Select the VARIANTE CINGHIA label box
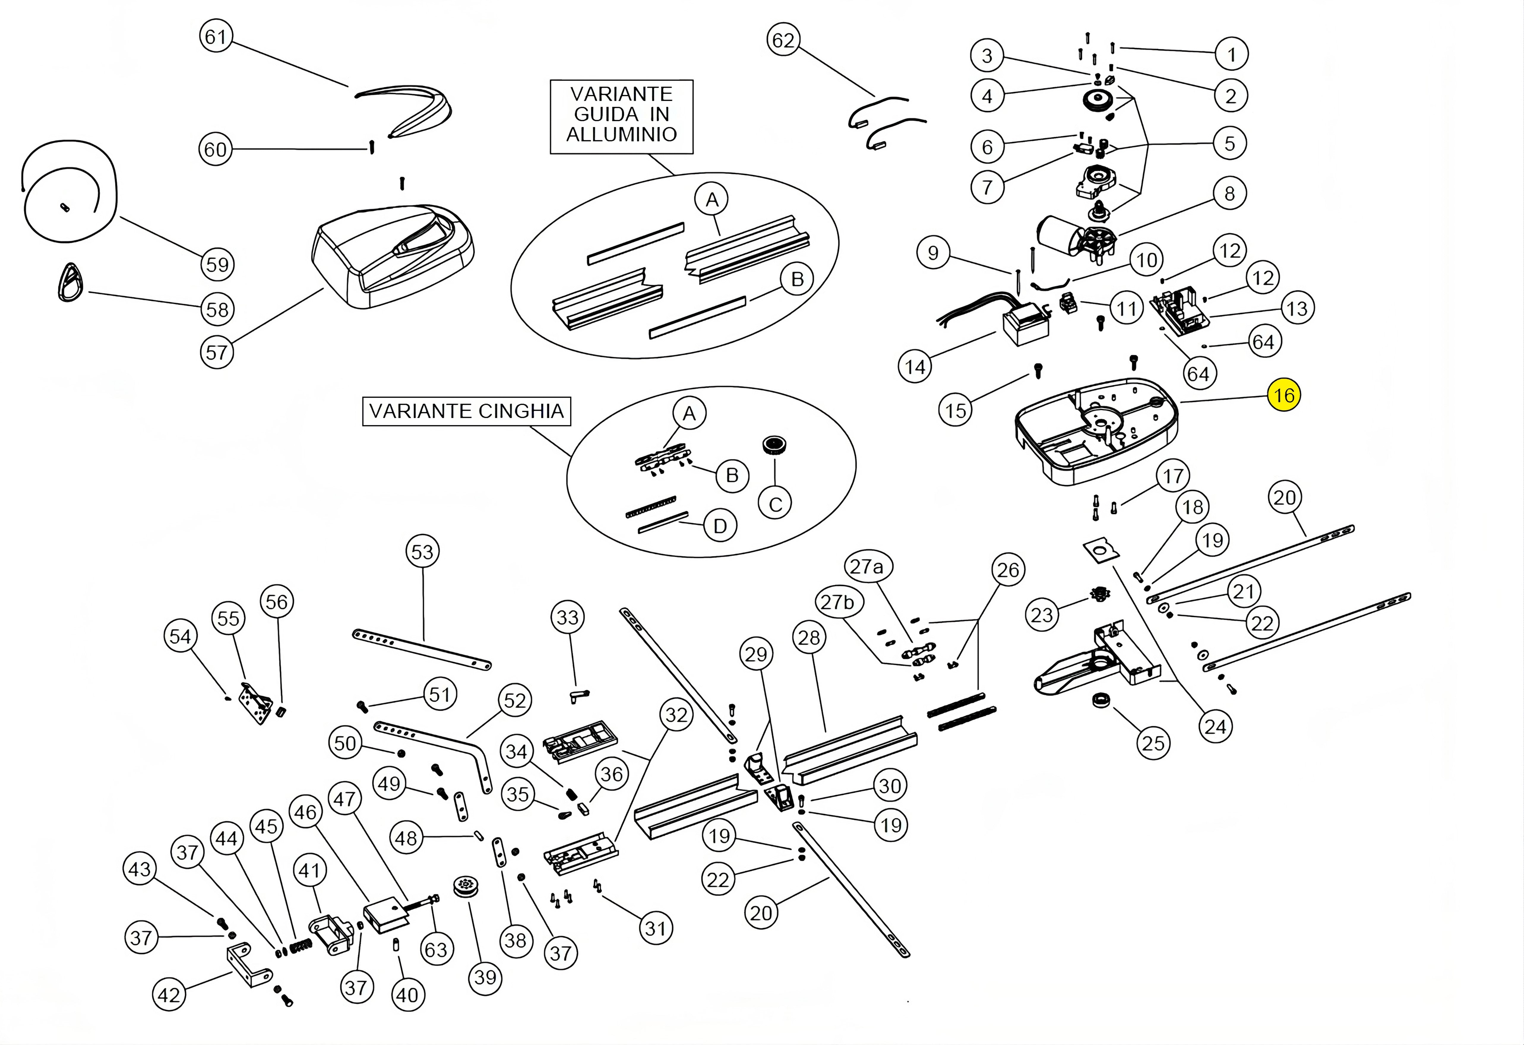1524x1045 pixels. pyautogui.click(x=466, y=411)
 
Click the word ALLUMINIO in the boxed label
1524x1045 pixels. pyautogui.click(x=621, y=134)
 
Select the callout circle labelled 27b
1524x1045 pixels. pyautogui.click(x=837, y=602)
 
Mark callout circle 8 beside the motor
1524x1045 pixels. pyautogui.click(x=1229, y=193)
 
